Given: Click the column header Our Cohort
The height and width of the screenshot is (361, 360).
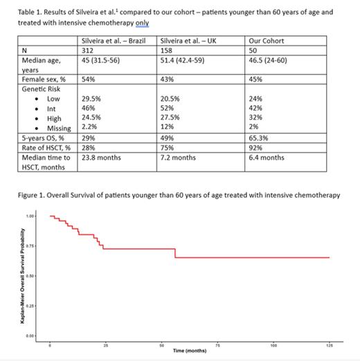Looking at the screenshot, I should [267, 41].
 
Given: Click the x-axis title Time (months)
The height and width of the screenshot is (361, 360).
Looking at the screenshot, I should [189, 351].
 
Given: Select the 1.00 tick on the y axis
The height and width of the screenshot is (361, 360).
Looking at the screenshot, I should [29, 216].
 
